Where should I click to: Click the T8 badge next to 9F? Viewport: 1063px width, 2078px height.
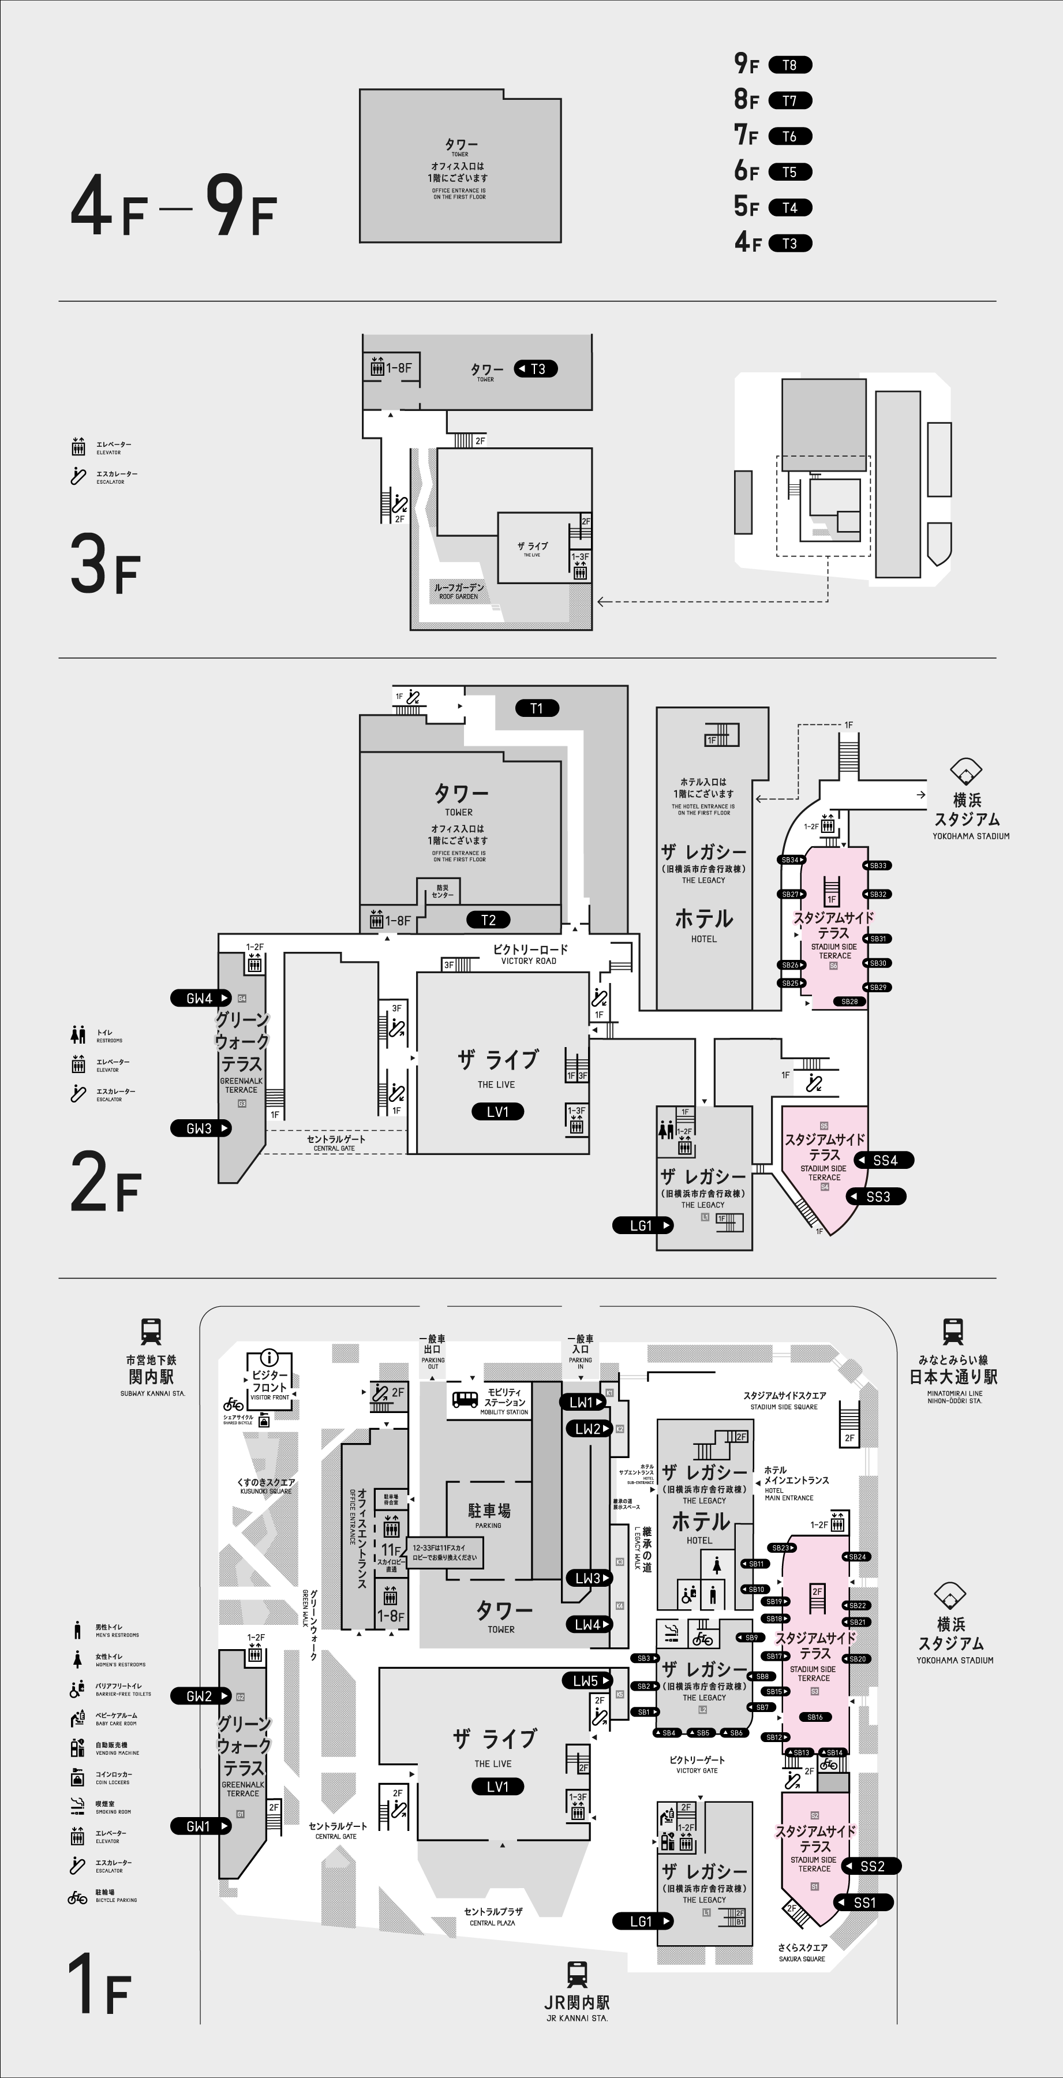789,65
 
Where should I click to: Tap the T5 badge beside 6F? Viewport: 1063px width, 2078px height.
789,172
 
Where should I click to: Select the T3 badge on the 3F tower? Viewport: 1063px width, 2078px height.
536,369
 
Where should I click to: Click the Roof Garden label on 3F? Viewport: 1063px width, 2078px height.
459,591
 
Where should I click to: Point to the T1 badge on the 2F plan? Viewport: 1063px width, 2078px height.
537,708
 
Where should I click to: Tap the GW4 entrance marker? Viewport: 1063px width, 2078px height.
201,998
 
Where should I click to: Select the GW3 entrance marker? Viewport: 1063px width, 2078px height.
201,1128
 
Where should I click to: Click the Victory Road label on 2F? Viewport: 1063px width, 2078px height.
530,954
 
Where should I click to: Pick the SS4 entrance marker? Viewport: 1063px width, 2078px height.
885,1160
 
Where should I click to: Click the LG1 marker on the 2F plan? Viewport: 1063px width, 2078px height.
642,1225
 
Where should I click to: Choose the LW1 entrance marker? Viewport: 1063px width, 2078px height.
583,1402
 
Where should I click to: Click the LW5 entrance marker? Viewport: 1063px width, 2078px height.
587,1681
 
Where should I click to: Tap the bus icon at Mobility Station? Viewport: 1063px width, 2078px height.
465,1399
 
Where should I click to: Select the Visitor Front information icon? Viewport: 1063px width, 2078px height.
270,1358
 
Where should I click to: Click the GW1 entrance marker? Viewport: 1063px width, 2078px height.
200,1826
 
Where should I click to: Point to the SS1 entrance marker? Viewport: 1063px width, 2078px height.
864,1902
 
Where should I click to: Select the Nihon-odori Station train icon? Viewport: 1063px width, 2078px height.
953,1331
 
